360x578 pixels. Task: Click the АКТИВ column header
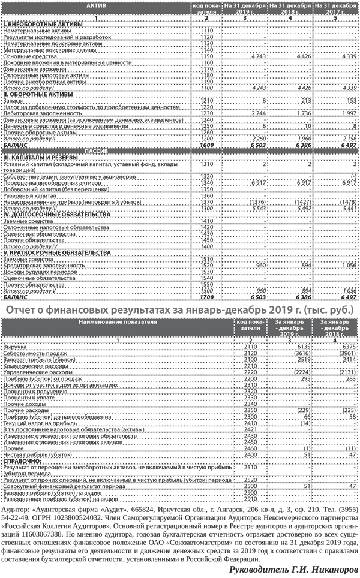coord(95,5)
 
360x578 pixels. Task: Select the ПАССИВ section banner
coord(95,151)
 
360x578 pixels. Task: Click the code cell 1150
coord(207,56)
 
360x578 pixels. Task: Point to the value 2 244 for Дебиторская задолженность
coord(255,112)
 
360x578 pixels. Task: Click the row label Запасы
coord(13,101)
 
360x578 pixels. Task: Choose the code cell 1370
coord(207,201)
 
